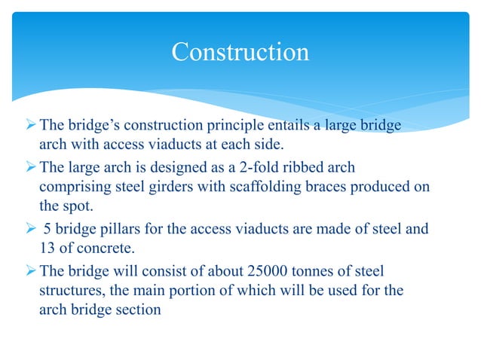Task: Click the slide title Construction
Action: [x=240, y=53]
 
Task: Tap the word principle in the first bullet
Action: [x=230, y=126]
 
